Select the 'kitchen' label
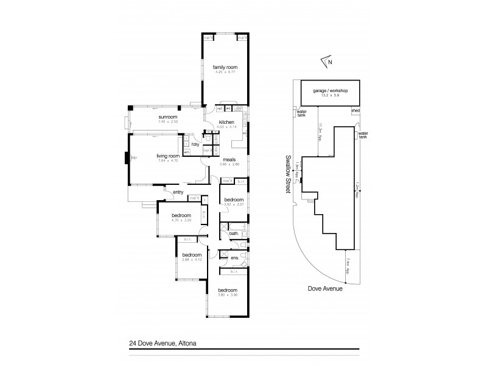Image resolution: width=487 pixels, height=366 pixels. click(x=226, y=122)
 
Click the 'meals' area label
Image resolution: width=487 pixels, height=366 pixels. click(x=229, y=160)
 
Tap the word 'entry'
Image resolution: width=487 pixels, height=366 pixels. click(x=178, y=193)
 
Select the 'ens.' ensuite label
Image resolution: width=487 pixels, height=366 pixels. click(x=234, y=258)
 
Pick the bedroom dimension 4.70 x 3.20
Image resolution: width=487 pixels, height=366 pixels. click(x=181, y=221)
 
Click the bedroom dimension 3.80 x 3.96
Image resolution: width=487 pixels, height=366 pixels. click(x=228, y=295)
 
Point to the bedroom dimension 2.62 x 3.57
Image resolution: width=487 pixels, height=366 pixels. click(x=234, y=205)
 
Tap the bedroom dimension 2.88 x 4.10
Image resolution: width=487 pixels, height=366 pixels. click(x=192, y=260)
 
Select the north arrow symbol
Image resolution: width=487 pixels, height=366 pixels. click(x=327, y=61)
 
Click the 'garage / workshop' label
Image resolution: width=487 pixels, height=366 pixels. click(x=329, y=89)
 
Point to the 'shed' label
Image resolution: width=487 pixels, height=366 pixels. click(x=355, y=110)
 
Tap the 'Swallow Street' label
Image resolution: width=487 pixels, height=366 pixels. click(x=288, y=174)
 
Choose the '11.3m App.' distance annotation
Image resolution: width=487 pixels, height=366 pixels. click(x=320, y=131)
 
